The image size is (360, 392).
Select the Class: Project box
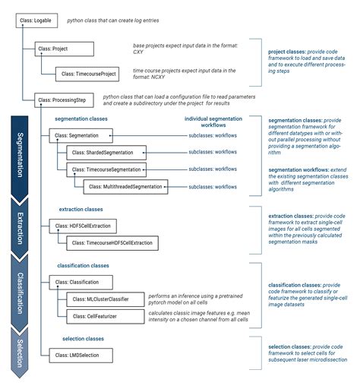coord(64,49)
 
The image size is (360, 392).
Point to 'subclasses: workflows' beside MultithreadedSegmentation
coord(213,185)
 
